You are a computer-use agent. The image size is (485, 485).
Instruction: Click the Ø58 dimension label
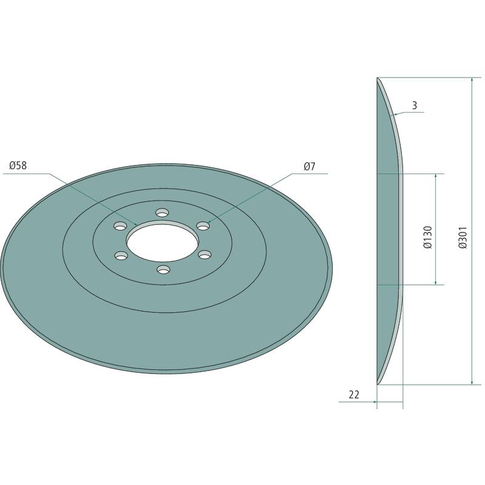point(18,166)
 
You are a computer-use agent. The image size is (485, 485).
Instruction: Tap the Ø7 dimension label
point(309,166)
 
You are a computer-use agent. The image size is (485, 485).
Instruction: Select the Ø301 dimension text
point(463,238)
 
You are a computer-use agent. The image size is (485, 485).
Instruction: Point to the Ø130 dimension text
point(427,237)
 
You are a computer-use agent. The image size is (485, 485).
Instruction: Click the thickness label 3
point(415,105)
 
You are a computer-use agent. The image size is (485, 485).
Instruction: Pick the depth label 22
point(354,395)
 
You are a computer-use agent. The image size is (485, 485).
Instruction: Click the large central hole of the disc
point(162,242)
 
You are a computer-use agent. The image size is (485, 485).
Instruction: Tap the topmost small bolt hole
point(162,213)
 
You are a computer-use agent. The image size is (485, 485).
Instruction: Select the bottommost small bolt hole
point(163,269)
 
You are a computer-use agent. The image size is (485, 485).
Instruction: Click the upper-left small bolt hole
point(120,226)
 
